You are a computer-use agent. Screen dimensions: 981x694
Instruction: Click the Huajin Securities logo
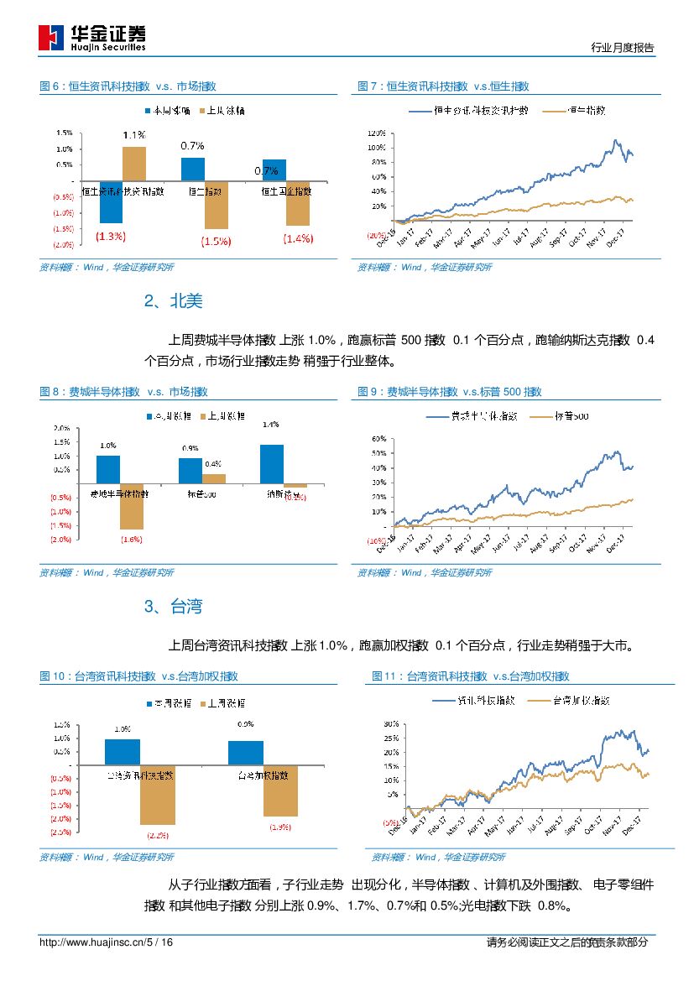(x=92, y=38)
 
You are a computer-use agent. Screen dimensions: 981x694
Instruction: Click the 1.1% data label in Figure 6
(x=134, y=134)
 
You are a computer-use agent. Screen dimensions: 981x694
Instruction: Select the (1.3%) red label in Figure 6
(x=111, y=237)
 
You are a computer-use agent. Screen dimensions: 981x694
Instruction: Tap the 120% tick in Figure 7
(x=376, y=133)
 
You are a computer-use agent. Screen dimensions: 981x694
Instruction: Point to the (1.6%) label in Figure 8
(x=132, y=540)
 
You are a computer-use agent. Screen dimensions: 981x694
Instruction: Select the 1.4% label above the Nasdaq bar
(x=270, y=425)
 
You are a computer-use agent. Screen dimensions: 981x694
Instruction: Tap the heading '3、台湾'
(x=174, y=607)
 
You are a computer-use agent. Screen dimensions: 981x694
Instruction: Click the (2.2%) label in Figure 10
(x=158, y=836)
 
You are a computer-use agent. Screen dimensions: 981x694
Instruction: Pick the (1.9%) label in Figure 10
(x=280, y=827)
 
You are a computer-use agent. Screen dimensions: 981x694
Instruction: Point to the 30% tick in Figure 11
(x=390, y=723)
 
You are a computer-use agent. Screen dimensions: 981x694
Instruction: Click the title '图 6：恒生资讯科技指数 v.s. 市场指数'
(x=128, y=86)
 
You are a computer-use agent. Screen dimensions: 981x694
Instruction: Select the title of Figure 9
(x=449, y=392)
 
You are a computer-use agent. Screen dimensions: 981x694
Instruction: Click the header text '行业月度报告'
(x=623, y=48)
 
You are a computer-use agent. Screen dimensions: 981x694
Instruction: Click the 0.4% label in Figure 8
(x=212, y=464)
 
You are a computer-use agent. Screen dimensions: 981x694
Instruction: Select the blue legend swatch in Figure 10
(x=150, y=702)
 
